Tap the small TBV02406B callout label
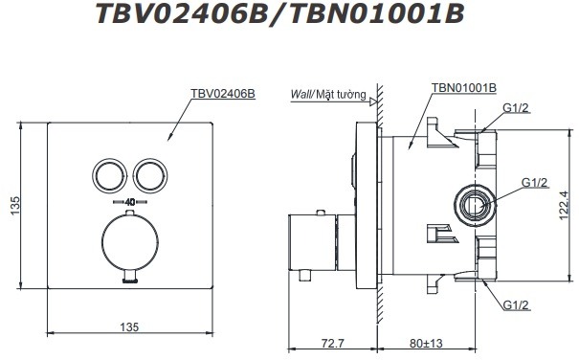click(223, 94)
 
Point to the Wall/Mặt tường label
click(327, 94)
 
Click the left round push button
click(107, 175)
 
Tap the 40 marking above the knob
click(129, 203)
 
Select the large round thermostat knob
click(129, 241)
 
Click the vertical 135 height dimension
click(12, 204)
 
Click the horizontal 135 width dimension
click(128, 326)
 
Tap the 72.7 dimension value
click(333, 341)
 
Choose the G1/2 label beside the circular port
click(533, 182)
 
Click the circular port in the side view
click(473, 204)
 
